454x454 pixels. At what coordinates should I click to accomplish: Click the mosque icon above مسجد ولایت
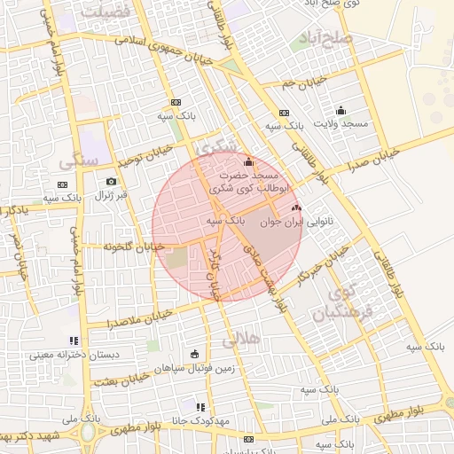(x=340, y=111)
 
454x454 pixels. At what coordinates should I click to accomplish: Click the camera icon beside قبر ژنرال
(x=112, y=182)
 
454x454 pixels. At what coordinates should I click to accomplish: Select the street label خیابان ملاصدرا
(x=147, y=317)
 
